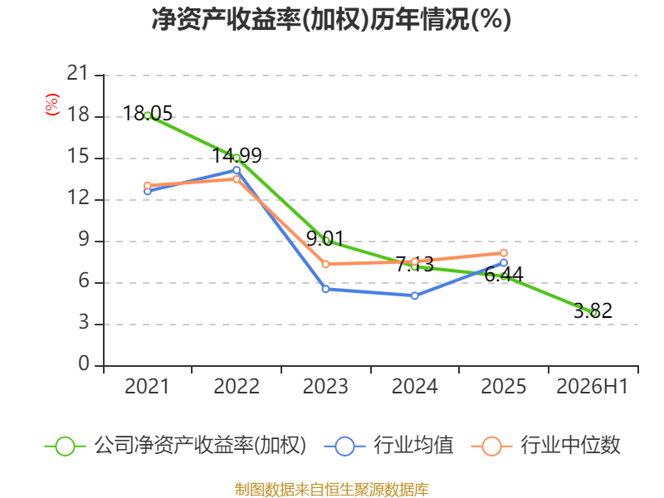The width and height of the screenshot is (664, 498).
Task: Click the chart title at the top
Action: (331, 19)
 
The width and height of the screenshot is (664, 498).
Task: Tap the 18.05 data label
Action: (148, 114)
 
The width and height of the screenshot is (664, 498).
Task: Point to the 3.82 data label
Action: (593, 310)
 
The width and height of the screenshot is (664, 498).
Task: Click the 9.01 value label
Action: (325, 238)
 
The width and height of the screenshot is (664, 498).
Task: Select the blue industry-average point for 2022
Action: (237, 170)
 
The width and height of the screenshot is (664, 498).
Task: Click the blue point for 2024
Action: (414, 295)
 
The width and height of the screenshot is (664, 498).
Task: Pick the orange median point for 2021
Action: (148, 185)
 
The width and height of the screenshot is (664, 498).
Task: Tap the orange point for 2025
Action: (504, 253)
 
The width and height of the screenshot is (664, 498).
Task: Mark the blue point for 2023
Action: (325, 289)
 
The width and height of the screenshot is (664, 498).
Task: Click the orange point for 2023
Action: (325, 264)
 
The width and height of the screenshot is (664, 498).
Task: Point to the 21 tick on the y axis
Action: (77, 73)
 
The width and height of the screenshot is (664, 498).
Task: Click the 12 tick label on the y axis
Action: (77, 198)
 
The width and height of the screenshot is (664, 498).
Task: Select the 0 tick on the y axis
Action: (84, 364)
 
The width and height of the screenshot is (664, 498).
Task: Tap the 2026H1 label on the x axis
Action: (593, 386)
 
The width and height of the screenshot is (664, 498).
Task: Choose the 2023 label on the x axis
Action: (325, 386)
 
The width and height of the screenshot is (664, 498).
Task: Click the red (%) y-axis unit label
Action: (52, 105)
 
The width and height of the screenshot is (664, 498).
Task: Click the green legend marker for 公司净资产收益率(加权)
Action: (65, 447)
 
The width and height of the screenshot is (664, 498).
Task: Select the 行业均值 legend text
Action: (413, 445)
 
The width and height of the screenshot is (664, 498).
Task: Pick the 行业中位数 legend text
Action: (570, 445)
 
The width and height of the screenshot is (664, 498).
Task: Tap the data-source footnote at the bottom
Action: (332, 490)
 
